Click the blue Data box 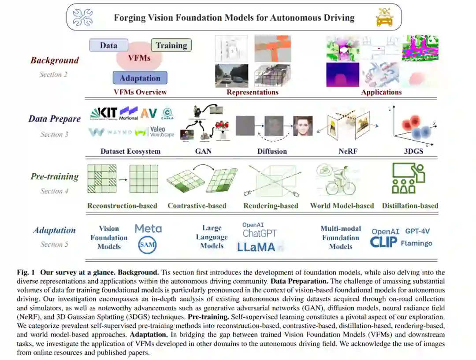click(x=108, y=45)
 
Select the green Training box click(x=171, y=45)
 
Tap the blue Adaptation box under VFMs click(x=140, y=78)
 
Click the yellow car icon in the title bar click(x=384, y=18)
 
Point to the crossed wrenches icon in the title click(x=83, y=18)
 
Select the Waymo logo click(x=110, y=132)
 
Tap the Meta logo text click(x=148, y=228)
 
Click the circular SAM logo click(x=147, y=245)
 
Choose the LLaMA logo click(x=256, y=247)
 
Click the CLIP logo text click(x=383, y=242)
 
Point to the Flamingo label click(x=416, y=243)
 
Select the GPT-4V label click(x=417, y=231)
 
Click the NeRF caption click(x=349, y=151)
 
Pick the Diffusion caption click(x=272, y=151)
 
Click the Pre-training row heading click(x=54, y=177)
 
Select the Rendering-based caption click(x=271, y=205)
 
